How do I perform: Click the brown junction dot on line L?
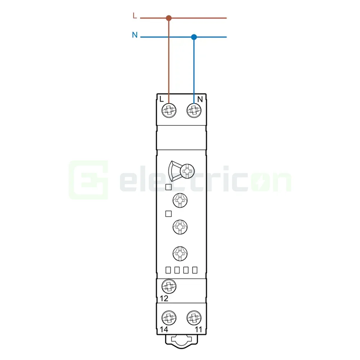168,18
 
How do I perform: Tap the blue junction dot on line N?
194,37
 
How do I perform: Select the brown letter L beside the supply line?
135,16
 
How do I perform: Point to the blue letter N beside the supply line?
134,35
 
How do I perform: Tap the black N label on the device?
201,99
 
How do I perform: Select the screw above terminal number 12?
168,287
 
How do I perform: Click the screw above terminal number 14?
168,318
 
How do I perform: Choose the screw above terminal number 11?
194,318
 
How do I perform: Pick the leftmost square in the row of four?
168,270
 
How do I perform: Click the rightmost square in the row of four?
195,270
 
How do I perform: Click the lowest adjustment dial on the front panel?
180,253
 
